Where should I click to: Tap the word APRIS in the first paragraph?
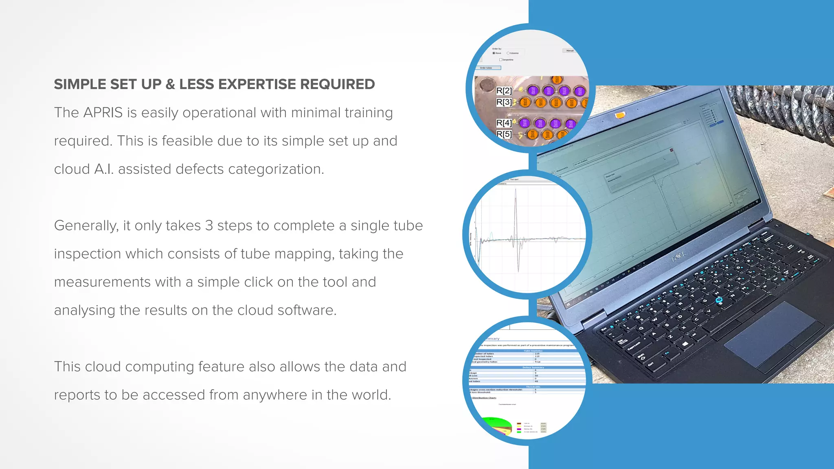pos(103,113)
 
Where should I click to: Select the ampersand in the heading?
pos(170,84)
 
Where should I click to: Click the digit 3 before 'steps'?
pos(209,226)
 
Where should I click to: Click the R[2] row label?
pos(504,91)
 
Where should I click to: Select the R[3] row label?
pos(504,102)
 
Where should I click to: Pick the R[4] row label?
pos(504,123)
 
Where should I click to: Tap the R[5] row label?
pos(504,134)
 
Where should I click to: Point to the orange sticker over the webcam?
pos(620,115)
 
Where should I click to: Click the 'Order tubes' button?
pos(487,68)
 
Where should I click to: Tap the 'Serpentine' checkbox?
pos(500,60)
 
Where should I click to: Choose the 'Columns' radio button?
pos(508,53)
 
